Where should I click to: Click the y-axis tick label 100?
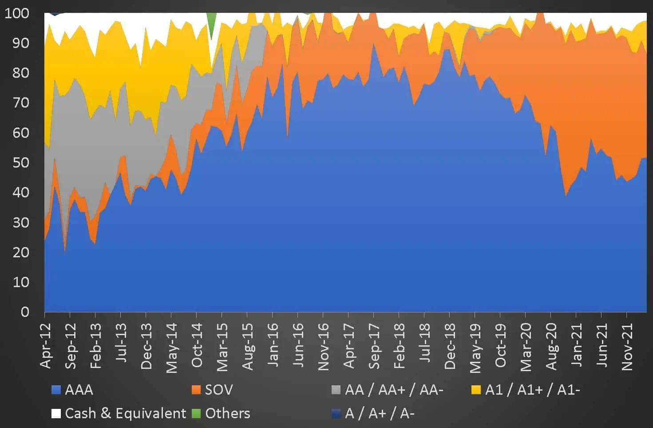(17, 13)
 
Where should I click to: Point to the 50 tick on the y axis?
(20, 163)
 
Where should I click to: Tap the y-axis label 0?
(25, 312)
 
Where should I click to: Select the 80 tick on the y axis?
(20, 73)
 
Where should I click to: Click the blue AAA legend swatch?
(56, 390)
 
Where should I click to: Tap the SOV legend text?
(218, 390)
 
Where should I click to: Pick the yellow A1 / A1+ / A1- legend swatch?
(476, 390)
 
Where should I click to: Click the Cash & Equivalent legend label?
(125, 413)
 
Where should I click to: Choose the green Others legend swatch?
(196, 413)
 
